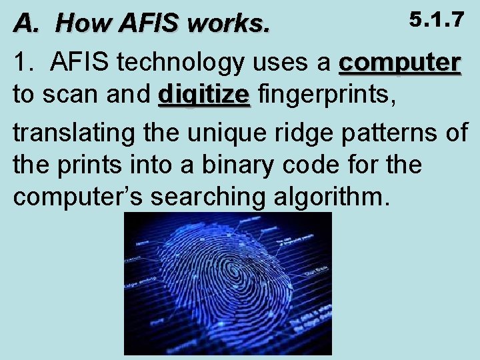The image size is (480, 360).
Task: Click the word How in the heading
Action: coord(79,23)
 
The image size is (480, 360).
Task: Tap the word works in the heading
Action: coord(229,23)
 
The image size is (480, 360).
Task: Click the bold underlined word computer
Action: coord(399,63)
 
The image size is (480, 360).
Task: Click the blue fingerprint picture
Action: coord(227,283)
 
